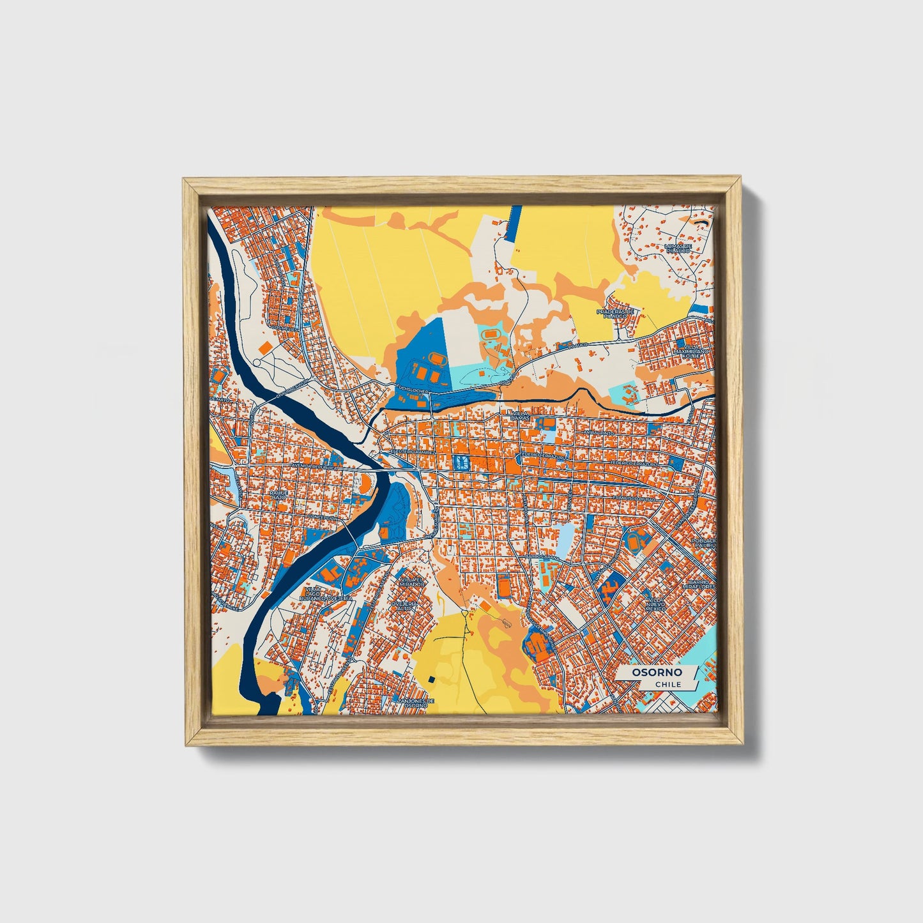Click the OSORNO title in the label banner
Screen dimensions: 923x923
click(x=657, y=673)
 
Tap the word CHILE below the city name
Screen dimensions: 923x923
click(x=667, y=684)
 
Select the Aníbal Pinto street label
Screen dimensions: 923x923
click(x=597, y=432)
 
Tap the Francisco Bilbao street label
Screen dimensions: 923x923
click(x=634, y=498)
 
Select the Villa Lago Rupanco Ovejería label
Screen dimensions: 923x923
click(x=328, y=594)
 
